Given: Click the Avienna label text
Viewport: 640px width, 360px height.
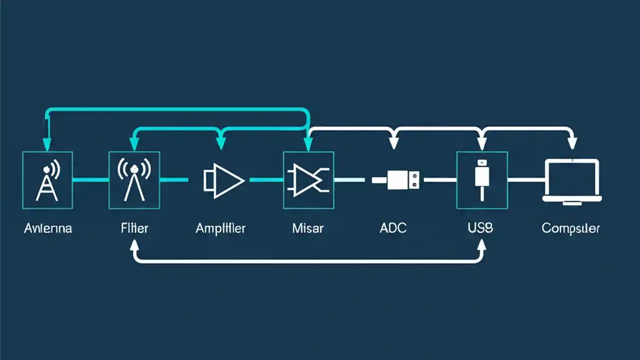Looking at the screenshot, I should pos(47,228).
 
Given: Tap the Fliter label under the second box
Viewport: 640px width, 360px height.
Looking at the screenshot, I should pos(134,228).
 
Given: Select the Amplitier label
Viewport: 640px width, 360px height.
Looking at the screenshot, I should pos(220,228).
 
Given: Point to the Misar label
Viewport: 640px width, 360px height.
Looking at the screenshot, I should pos(307,228).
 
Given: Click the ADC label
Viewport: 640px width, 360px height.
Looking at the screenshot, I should pos(393,228).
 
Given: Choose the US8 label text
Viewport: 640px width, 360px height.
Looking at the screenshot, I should pos(480,228).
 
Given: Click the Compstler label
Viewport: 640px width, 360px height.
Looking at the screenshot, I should pos(570,228).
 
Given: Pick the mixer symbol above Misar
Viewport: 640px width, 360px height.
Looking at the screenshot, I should pos(308,180).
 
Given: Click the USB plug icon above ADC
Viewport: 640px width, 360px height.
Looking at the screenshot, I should pos(395,179).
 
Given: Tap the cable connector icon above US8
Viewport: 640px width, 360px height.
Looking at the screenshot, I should pos(481,179).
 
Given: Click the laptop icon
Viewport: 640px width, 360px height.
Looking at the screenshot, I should pos(572,180).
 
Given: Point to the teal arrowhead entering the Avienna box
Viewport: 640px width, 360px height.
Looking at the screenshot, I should pos(47,144).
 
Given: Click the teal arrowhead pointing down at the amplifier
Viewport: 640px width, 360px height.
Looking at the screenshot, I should pos(221,143).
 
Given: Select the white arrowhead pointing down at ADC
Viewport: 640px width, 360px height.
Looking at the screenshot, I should pos(394,144).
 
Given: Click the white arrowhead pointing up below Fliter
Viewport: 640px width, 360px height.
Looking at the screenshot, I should pos(134,243).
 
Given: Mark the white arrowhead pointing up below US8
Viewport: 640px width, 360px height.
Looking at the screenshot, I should pos(481,243).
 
